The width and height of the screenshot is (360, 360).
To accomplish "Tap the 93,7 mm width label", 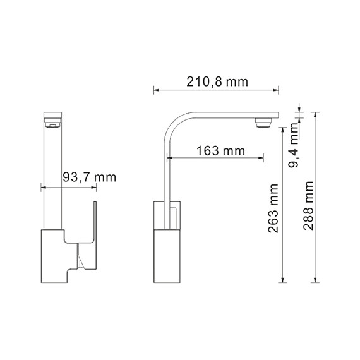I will click(89, 177).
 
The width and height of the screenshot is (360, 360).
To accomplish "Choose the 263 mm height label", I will click(273, 208).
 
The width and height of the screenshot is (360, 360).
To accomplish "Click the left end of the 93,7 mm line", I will click(40, 187).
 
